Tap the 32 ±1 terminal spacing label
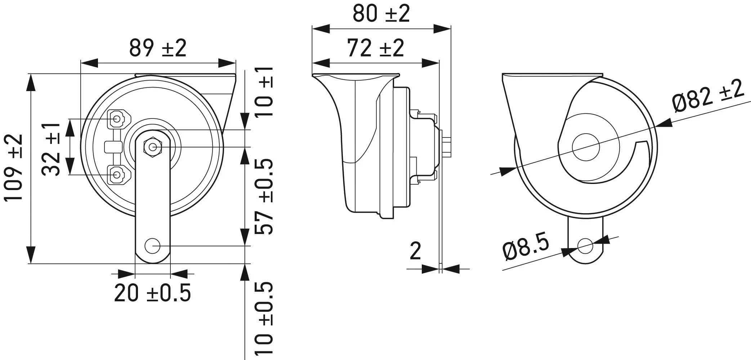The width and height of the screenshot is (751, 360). click(51, 149)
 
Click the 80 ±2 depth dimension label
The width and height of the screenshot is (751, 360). click(381, 14)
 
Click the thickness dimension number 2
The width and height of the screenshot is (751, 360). click(415, 251)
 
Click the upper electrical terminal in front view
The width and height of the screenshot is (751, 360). click(117, 118)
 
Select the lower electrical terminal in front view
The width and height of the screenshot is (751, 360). click(117, 175)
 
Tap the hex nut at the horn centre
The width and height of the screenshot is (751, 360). click(153, 147)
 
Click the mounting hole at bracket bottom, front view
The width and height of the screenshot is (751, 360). click(152, 246)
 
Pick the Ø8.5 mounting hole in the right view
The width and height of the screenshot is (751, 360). click(585, 246)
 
